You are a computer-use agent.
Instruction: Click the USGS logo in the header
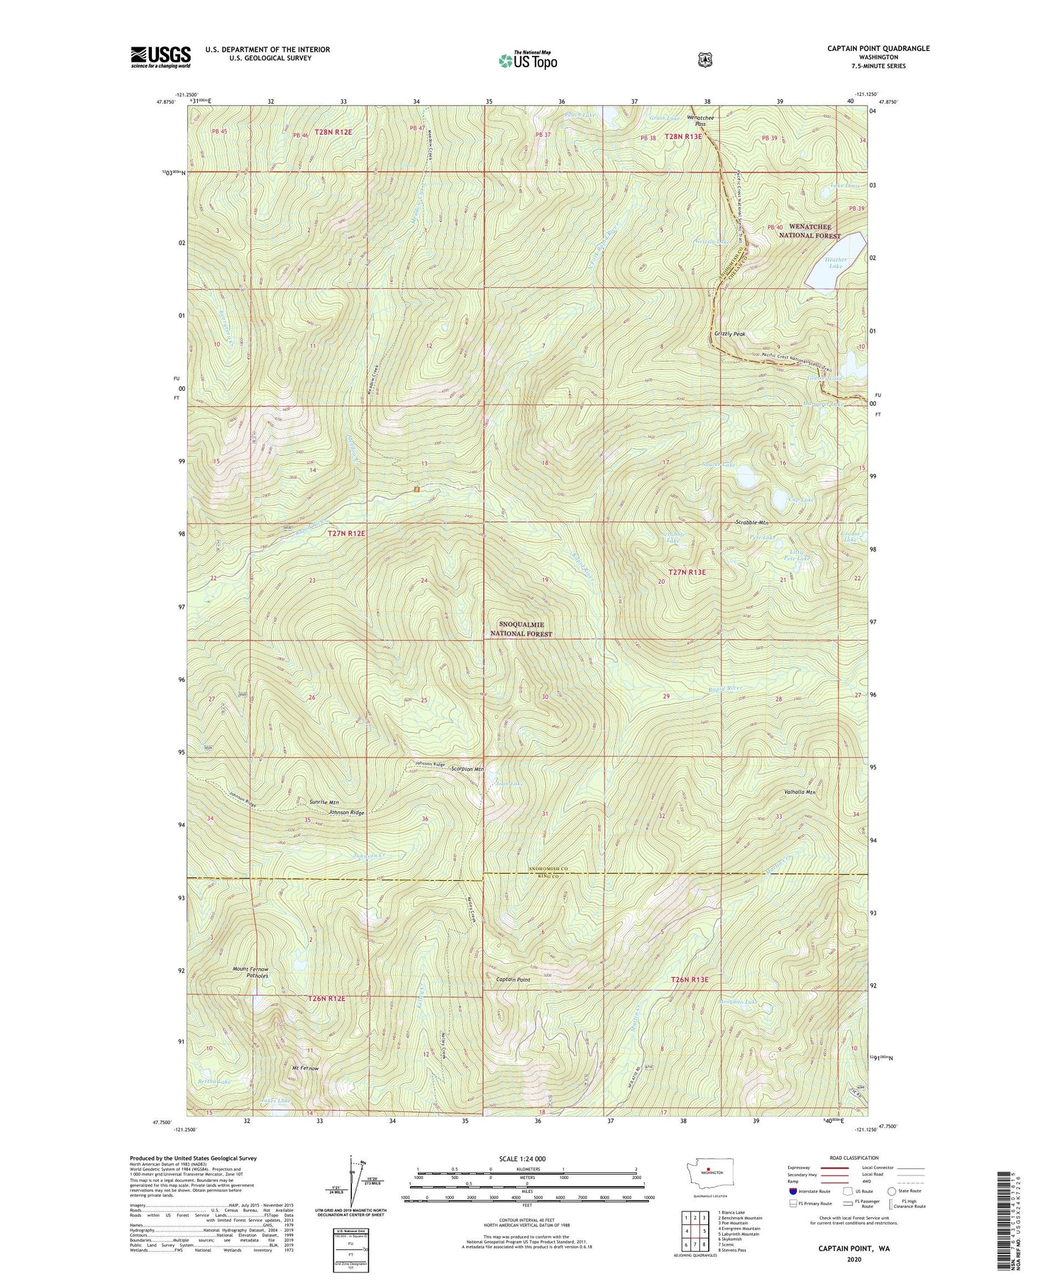coord(160,57)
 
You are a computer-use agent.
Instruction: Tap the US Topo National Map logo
coord(528,60)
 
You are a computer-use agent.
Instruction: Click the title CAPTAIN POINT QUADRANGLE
coord(877,48)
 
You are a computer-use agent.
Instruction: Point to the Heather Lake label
coord(836,262)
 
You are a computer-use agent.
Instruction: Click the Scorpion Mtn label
coord(467,769)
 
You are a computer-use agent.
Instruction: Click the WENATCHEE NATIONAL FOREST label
coord(809,231)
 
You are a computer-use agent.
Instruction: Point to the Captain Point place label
coord(513,980)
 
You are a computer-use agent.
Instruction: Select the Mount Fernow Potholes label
coord(250,972)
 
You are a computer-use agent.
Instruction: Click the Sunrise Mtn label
coord(323,802)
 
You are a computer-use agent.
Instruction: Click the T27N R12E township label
coord(346,533)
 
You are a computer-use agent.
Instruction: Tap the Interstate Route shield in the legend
coord(793,1191)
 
